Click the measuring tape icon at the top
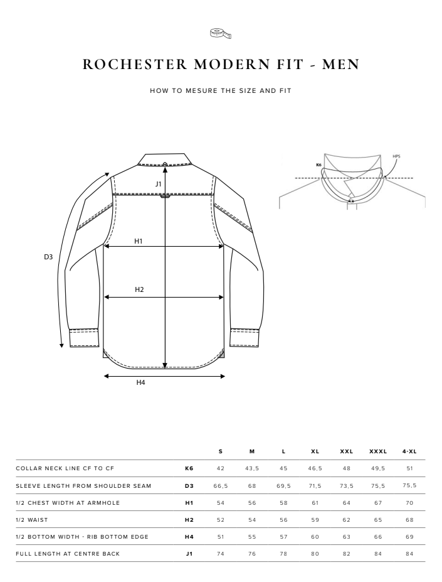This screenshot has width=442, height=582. (221, 32)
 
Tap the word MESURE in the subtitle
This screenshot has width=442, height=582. (199, 91)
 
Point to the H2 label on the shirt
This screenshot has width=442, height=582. (139, 289)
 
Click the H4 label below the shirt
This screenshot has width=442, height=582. (140, 384)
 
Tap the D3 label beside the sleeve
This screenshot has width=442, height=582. (48, 256)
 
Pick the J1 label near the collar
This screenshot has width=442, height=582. (159, 184)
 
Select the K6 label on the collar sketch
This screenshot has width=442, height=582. (318, 165)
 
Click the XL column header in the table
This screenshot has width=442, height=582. (315, 451)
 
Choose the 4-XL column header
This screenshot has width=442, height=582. (409, 451)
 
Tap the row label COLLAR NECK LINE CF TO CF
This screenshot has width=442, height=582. (65, 468)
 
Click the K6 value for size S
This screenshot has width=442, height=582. (220, 468)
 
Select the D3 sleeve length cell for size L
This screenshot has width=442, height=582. (283, 485)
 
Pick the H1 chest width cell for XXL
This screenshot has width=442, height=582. (346, 502)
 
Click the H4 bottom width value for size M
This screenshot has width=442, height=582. (251, 536)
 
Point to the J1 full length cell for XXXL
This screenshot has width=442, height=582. (377, 553)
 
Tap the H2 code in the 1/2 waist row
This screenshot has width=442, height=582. (189, 519)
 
